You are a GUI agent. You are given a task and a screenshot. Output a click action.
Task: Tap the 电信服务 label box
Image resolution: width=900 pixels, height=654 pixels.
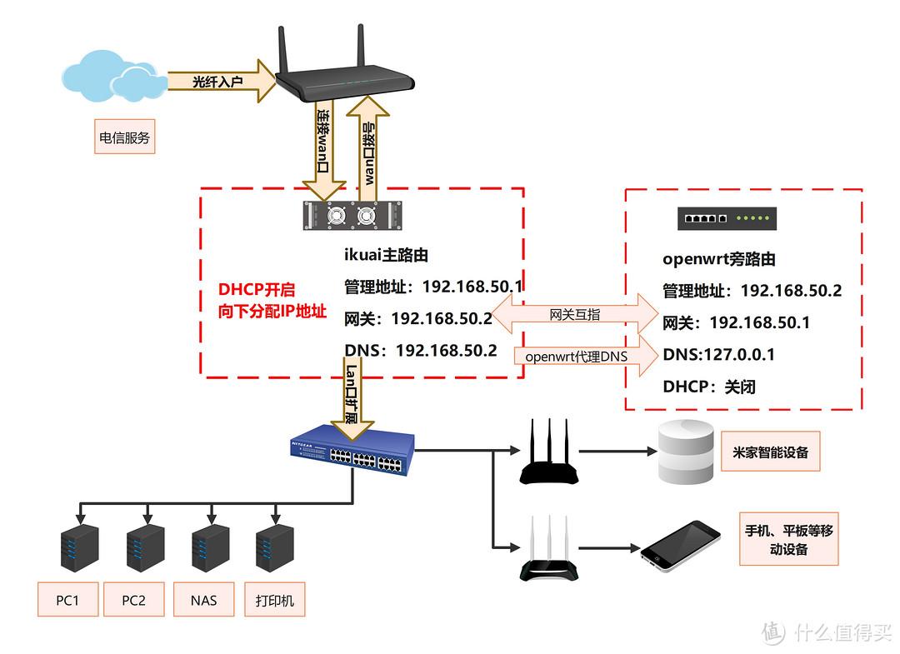[x=125, y=137]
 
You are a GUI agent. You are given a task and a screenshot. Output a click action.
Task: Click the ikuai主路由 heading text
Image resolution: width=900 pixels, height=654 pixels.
[x=386, y=256]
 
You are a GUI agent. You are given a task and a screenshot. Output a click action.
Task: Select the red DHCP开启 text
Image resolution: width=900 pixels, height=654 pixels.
[x=257, y=290]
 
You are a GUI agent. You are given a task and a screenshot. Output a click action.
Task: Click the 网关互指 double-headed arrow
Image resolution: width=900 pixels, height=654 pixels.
[x=575, y=315]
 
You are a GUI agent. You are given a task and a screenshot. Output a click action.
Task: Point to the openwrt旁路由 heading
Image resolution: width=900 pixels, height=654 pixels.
[x=718, y=259]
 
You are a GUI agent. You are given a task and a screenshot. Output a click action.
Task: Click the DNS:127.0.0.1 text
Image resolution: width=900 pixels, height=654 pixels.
[x=718, y=355]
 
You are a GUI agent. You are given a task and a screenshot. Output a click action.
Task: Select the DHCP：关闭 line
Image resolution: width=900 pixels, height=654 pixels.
[x=708, y=387]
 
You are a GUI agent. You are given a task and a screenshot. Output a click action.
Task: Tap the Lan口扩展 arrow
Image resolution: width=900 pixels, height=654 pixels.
[x=352, y=396]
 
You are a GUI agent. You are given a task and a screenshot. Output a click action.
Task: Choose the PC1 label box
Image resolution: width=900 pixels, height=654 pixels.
[x=67, y=600]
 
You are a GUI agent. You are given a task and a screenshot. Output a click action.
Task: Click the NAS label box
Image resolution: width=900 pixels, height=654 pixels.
[x=203, y=600]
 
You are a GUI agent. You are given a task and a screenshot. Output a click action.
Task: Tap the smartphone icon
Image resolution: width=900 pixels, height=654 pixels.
[x=681, y=546]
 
